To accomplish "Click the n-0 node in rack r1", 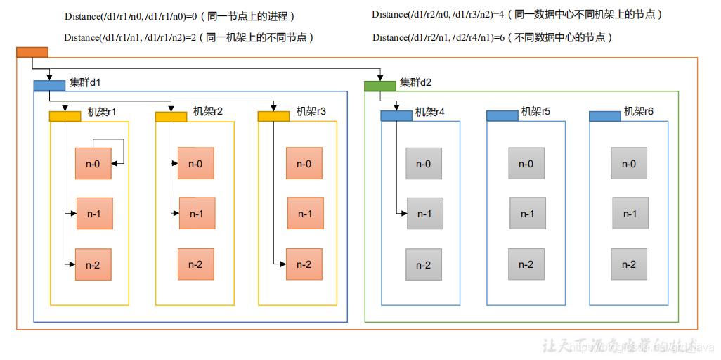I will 93,164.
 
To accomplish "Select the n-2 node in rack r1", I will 93,264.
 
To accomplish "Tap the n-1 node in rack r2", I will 197,214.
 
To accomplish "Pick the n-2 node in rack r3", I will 304,264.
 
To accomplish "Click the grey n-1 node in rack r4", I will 424,214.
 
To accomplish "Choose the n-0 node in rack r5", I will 526,164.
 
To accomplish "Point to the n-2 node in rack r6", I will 629,264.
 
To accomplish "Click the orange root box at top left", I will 32,51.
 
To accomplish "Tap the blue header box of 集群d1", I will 49,85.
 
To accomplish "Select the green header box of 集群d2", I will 379,85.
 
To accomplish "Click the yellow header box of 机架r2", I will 171,116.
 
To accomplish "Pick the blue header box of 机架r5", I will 502,115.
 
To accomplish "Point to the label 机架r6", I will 639,111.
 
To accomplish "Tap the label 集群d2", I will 416,82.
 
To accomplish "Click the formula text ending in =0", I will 131,15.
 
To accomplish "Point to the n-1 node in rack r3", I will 305,214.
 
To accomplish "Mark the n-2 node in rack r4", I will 423,264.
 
